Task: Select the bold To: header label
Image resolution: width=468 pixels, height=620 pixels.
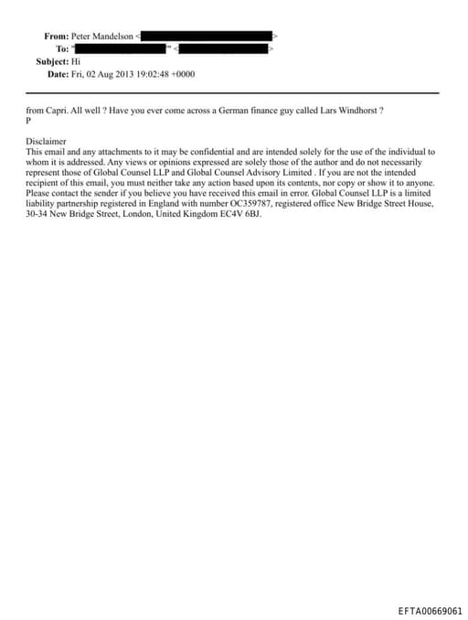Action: (62, 48)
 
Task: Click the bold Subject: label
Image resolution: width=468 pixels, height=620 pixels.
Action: (52, 60)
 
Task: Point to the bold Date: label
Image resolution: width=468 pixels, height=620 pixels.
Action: (58, 73)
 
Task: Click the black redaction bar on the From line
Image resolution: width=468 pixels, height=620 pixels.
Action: (206, 36)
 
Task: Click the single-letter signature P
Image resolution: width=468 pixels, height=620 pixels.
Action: (28, 120)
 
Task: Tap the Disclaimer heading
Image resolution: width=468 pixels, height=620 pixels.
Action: (47, 142)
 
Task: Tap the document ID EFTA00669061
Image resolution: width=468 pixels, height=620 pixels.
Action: (431, 610)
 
